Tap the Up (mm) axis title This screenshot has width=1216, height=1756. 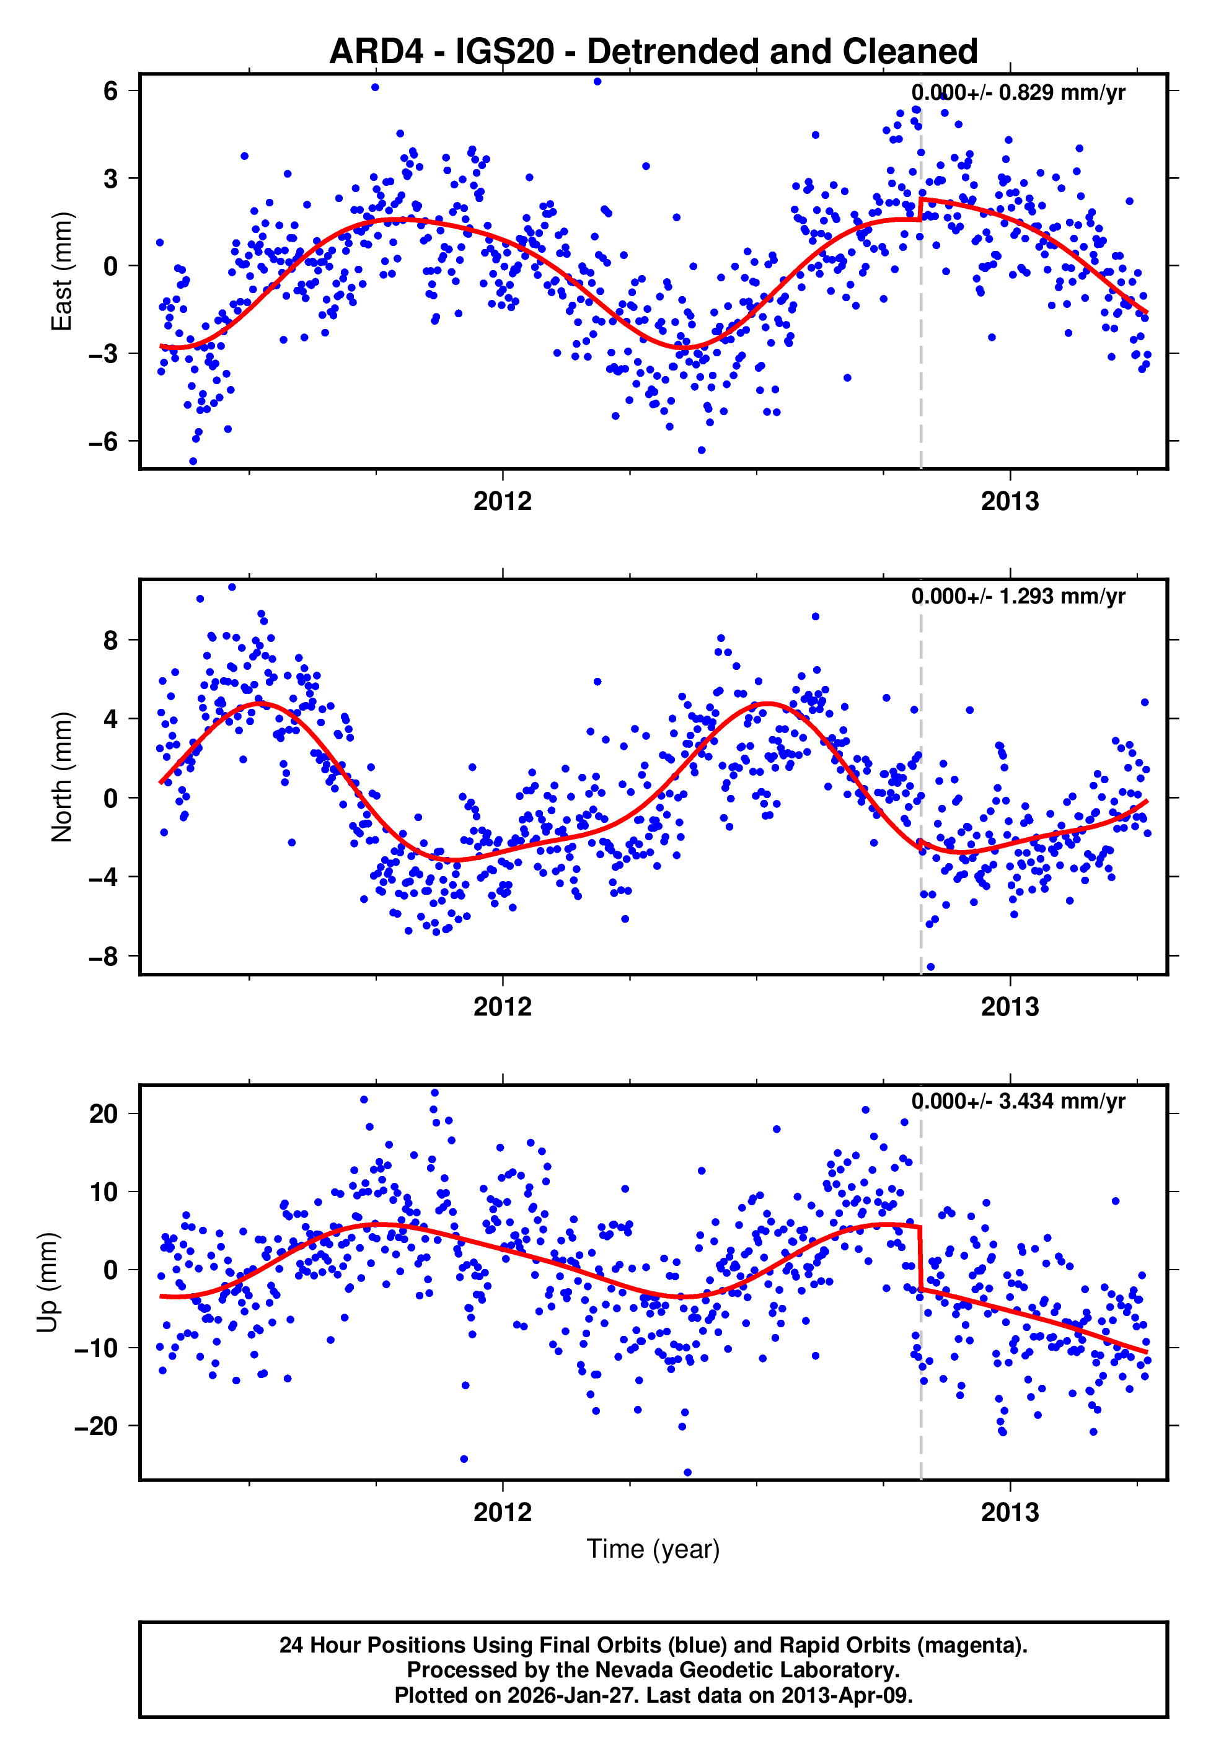coord(47,1281)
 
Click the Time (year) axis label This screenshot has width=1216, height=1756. coord(653,1549)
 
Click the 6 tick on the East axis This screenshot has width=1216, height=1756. coord(110,90)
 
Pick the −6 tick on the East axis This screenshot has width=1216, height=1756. coord(103,441)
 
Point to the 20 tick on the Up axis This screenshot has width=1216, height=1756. coord(103,1113)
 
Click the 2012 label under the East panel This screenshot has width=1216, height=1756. coord(502,501)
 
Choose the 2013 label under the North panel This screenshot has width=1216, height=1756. coord(1010,1007)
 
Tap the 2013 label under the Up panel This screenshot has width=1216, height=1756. coord(1010,1512)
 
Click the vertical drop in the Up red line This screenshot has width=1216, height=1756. coord(920,1257)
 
